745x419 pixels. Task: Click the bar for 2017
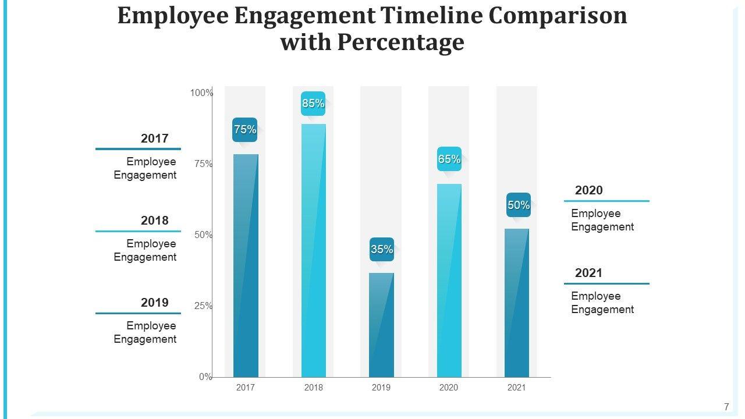[x=246, y=265]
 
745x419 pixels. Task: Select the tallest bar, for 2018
[x=313, y=250]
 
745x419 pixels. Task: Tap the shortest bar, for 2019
[x=381, y=325]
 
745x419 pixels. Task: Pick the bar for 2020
[x=449, y=280]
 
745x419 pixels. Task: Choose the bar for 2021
[x=517, y=303]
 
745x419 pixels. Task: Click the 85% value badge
[x=313, y=104]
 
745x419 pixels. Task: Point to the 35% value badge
[x=382, y=250]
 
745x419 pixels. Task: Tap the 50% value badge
[x=519, y=205]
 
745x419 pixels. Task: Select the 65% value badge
[x=449, y=159]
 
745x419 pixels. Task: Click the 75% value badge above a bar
[x=245, y=130]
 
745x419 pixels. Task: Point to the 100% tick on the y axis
[x=202, y=93]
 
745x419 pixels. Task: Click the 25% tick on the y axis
[x=203, y=306]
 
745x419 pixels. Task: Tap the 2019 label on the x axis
[x=381, y=388]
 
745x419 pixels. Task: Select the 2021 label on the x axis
[x=517, y=388]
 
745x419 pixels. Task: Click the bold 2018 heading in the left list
[x=154, y=221]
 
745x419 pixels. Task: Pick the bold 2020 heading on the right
[x=589, y=190]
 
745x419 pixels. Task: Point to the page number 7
[x=726, y=407]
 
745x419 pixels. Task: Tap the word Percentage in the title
[x=400, y=42]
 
